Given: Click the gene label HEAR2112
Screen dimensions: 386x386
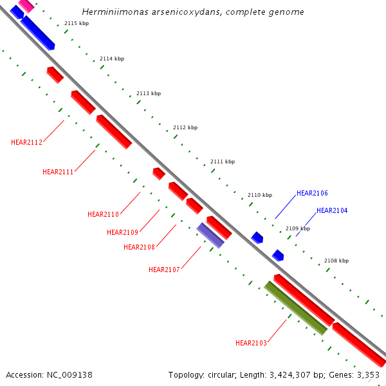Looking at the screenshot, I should [x=26, y=142].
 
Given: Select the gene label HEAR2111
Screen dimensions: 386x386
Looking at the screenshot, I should [x=58, y=172].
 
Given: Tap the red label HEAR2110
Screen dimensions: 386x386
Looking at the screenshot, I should [x=103, y=214].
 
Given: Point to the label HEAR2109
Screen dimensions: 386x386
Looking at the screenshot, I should [x=122, y=232].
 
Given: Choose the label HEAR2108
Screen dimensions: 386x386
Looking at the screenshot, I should [x=139, y=247].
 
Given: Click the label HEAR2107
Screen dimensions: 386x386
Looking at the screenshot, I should [x=164, y=270].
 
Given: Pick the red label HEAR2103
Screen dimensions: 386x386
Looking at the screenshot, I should [x=251, y=343].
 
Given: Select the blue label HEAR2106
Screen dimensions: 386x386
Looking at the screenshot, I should [x=312, y=193].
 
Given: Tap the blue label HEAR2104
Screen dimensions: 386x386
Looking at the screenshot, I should [x=332, y=210].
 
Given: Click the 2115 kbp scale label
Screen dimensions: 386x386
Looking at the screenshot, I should [x=77, y=23].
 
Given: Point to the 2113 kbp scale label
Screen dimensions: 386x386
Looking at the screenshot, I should [x=149, y=93].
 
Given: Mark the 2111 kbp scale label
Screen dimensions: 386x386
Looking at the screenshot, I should [x=223, y=161].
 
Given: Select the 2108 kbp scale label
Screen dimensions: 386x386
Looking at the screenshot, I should [x=336, y=261].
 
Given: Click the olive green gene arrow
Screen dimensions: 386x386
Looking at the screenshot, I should [x=296, y=308].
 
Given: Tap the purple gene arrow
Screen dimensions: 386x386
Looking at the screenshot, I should [x=210, y=235].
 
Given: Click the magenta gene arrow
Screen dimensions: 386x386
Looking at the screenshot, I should [x=26, y=6].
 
